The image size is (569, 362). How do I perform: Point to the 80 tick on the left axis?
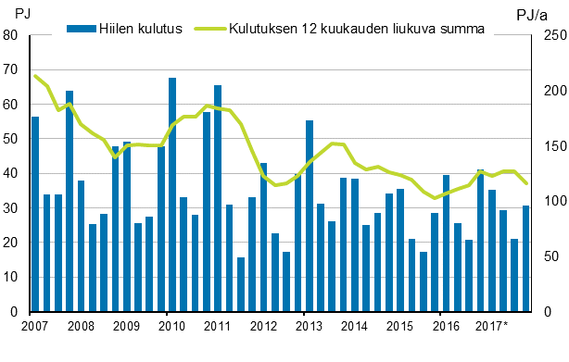point(12,35)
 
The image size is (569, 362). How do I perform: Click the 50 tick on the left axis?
point(12,139)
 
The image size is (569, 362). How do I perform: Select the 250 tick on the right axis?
point(550,35)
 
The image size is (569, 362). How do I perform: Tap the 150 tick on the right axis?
point(550,146)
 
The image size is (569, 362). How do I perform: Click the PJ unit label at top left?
point(25,13)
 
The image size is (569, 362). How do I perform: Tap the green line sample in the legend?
point(209,28)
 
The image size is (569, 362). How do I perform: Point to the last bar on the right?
point(526,258)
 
